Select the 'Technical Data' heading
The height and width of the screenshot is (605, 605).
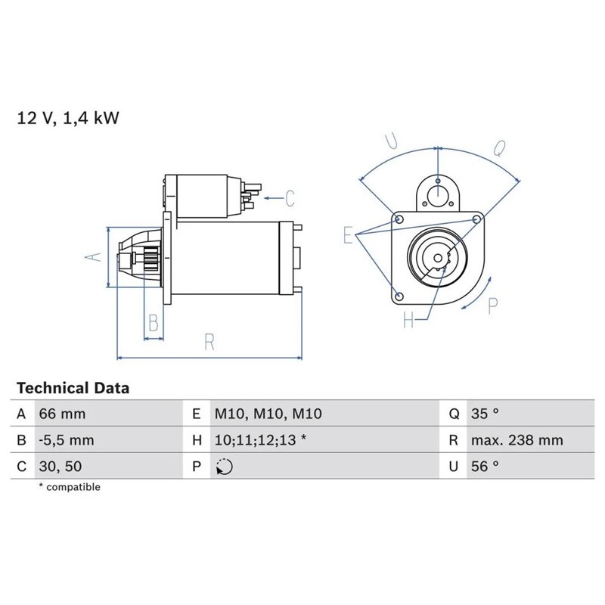73,389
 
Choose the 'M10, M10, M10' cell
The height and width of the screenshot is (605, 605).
268,414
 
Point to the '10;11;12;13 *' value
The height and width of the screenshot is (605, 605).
260,440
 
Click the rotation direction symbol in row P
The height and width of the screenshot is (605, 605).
224,467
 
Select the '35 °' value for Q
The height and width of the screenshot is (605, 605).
485,414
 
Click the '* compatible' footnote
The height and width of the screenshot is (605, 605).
69,487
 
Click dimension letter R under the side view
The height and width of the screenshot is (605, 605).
209,342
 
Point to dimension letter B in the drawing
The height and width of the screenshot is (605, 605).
154,324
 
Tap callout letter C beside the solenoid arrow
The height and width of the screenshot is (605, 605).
290,199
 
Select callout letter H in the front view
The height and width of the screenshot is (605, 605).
409,321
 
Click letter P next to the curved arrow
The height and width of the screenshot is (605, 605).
492,306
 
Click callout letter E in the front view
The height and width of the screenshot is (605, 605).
348,235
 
